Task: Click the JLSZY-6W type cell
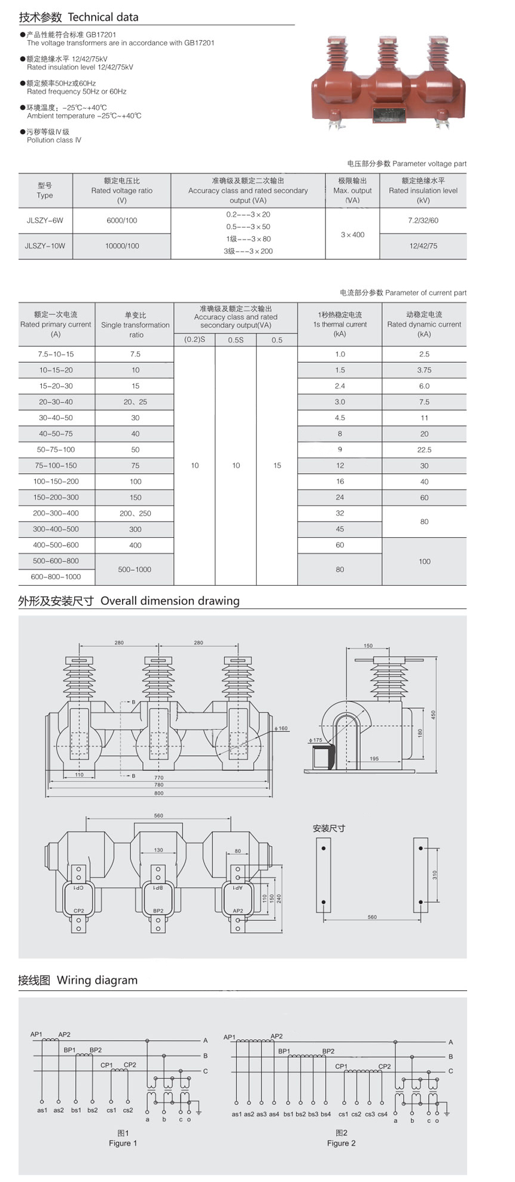[45, 221]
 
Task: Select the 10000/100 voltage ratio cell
[122, 246]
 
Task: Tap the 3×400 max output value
[352, 235]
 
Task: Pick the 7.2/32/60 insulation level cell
[423, 221]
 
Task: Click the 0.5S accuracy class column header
[236, 340]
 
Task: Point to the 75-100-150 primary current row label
[56, 466]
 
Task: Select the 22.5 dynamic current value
[424, 450]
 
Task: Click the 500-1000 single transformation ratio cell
[135, 569]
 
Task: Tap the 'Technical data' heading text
[103, 17]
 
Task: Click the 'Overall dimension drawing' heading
[170, 601]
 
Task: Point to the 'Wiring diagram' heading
[97, 980]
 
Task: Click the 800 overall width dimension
[159, 794]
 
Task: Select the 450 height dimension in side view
[434, 715]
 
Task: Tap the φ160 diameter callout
[281, 728]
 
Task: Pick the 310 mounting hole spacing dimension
[435, 874]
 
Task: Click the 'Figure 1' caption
[123, 1143]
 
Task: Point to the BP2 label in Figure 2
[328, 1051]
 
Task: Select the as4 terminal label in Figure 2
[274, 1114]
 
